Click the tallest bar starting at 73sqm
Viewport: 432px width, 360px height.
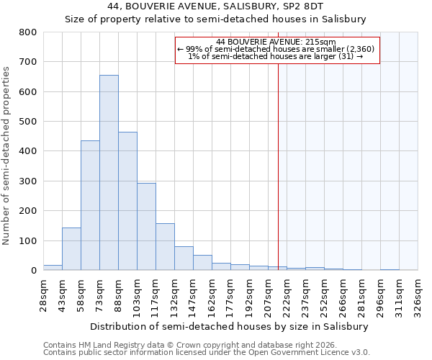(x=109, y=173)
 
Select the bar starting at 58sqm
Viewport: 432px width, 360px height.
(x=90, y=205)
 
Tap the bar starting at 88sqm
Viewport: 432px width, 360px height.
(x=127, y=201)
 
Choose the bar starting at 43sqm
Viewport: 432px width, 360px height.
(x=71, y=249)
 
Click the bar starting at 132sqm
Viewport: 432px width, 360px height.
(x=184, y=258)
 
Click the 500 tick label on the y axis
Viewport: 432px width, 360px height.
(x=28, y=122)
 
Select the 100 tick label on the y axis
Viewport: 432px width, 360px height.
(x=28, y=240)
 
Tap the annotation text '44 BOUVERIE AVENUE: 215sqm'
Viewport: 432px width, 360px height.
(x=276, y=42)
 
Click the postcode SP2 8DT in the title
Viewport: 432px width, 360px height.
(x=305, y=6)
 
